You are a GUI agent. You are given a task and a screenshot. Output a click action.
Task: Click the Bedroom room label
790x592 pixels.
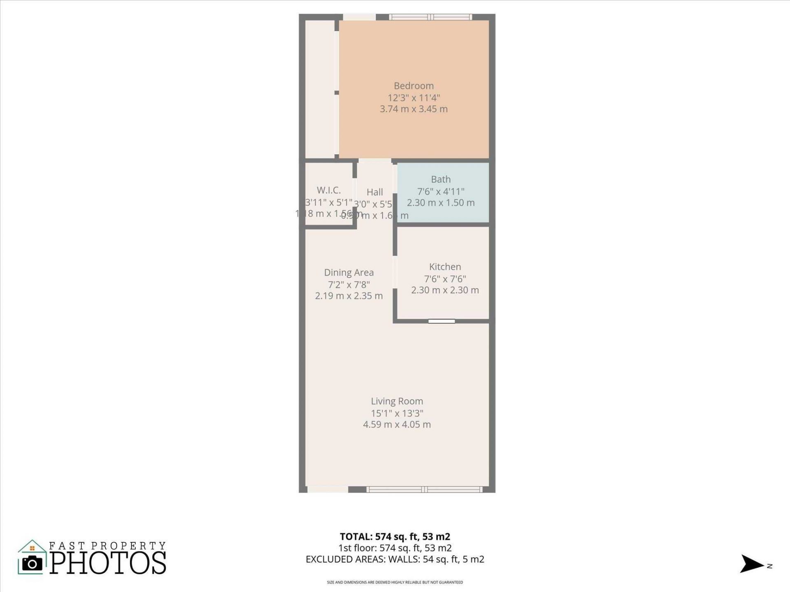pyautogui.click(x=414, y=86)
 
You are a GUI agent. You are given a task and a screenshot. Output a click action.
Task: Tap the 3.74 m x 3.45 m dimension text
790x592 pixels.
pyautogui.click(x=414, y=109)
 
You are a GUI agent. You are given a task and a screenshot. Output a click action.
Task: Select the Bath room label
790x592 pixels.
pyautogui.click(x=441, y=179)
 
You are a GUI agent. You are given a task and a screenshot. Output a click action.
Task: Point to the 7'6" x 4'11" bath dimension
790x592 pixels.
pyautogui.click(x=441, y=191)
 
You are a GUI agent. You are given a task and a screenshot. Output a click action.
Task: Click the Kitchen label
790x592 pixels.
pyautogui.click(x=445, y=267)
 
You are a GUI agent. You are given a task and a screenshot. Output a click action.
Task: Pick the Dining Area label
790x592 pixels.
pyautogui.click(x=349, y=273)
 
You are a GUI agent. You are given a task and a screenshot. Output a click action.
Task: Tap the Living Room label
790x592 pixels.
pyautogui.click(x=397, y=401)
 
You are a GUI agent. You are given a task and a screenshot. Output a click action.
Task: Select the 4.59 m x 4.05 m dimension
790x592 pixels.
pyautogui.click(x=397, y=425)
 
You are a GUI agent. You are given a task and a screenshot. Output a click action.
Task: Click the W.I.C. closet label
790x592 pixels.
pyautogui.click(x=328, y=190)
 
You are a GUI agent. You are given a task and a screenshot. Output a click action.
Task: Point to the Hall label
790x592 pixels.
pyautogui.click(x=374, y=192)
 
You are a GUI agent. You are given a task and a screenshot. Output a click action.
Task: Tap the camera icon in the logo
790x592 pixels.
pyautogui.click(x=32, y=564)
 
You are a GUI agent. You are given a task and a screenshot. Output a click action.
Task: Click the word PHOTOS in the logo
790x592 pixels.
pyautogui.click(x=108, y=563)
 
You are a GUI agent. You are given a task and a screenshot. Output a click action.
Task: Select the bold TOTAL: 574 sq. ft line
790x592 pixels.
pyautogui.click(x=395, y=536)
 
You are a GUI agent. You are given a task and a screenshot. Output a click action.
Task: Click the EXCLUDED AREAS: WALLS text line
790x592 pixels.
pyautogui.click(x=395, y=560)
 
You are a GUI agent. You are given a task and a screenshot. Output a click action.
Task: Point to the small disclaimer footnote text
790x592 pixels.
pyautogui.click(x=395, y=582)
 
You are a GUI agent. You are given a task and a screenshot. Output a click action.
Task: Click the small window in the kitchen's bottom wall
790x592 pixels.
pyautogui.click(x=441, y=321)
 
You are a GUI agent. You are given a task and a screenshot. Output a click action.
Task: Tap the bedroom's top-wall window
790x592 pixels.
pyautogui.click(x=430, y=17)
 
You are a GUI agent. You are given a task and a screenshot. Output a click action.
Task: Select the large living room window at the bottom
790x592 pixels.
pyautogui.click(x=424, y=489)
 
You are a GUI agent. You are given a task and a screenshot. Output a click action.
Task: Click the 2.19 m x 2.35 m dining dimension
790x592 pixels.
pyautogui.click(x=349, y=296)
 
